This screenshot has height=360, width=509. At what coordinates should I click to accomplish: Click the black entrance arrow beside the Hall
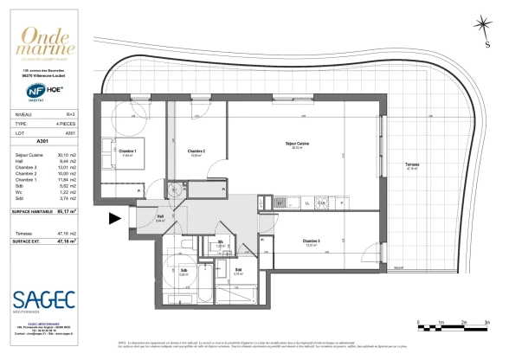(x=114, y=220)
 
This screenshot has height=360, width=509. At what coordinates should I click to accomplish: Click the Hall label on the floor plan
(x=160, y=218)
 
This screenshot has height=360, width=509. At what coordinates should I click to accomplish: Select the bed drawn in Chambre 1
(x=112, y=155)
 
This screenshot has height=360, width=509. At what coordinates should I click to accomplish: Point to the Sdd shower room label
(x=237, y=271)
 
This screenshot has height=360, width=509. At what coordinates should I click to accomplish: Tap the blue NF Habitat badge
(x=28, y=88)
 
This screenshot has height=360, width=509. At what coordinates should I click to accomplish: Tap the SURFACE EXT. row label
(x=29, y=242)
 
